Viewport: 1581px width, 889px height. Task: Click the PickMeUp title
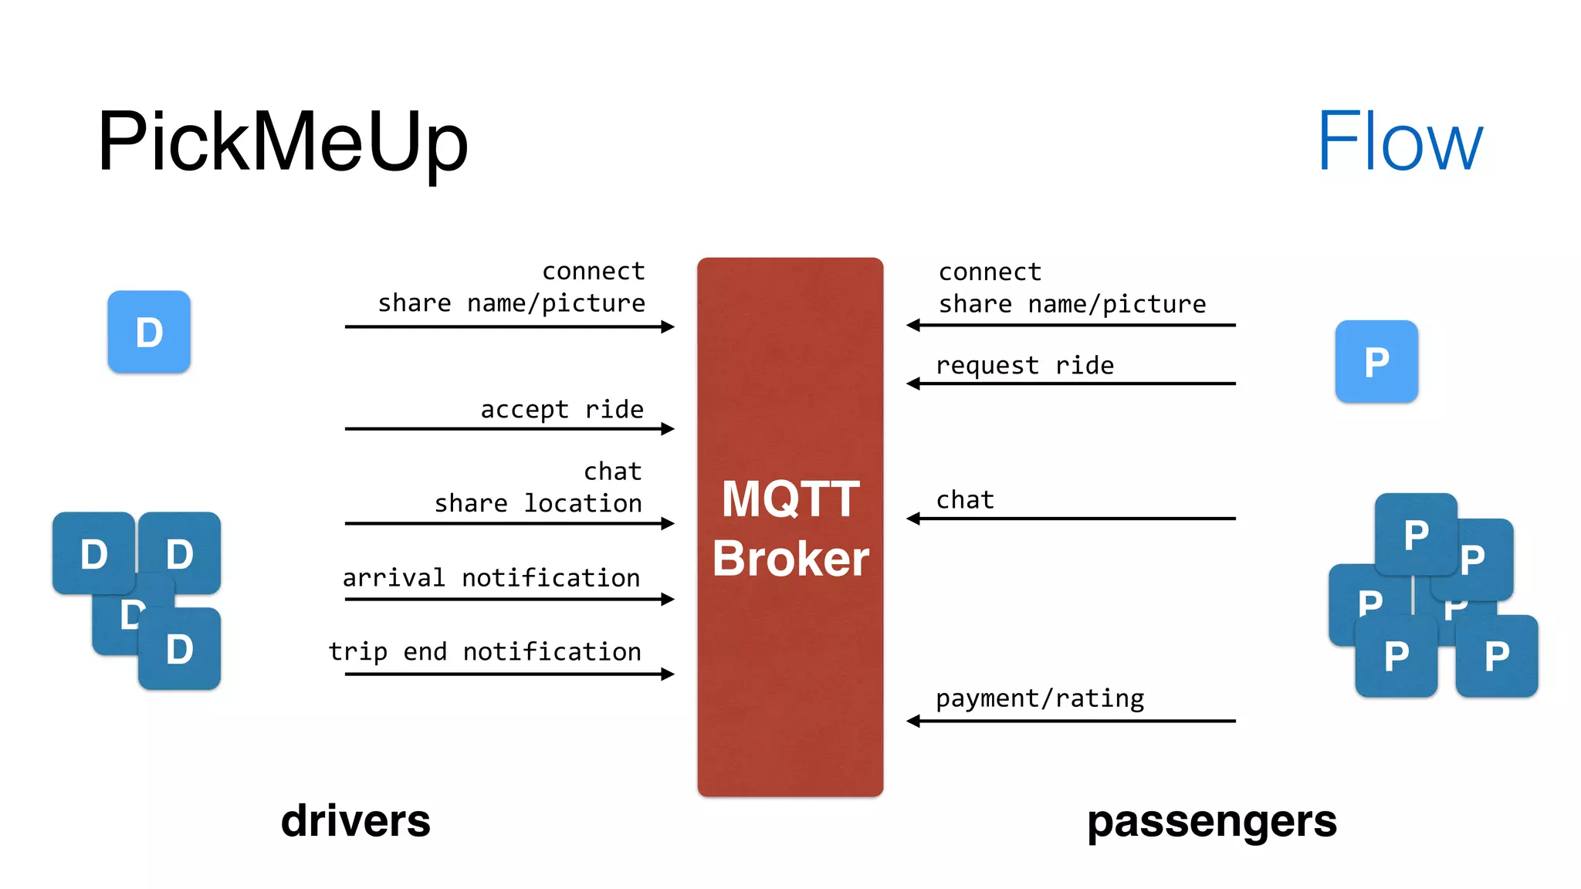[283, 143]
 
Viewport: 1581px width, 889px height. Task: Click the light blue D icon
[149, 332]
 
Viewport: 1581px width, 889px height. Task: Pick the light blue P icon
[1376, 361]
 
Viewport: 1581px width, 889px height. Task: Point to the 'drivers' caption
[355, 820]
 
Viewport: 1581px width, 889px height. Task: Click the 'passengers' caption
[1211, 822]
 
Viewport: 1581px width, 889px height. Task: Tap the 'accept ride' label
[561, 409]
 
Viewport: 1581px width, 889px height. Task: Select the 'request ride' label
[1024, 365]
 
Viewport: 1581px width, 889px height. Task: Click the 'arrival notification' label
[491, 577]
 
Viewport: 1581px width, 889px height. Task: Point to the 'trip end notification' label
[485, 651]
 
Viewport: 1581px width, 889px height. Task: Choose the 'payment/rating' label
[1040, 698]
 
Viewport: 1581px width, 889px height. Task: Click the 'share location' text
[538, 503]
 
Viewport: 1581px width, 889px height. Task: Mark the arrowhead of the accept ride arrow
[669, 429]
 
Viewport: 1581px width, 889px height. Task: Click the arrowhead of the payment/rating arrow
[913, 722]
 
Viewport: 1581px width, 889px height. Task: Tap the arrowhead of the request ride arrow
[913, 384]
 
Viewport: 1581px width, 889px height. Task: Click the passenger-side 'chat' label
[964, 500]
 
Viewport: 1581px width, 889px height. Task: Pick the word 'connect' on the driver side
[593, 271]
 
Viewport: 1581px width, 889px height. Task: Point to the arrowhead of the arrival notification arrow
[669, 600]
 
